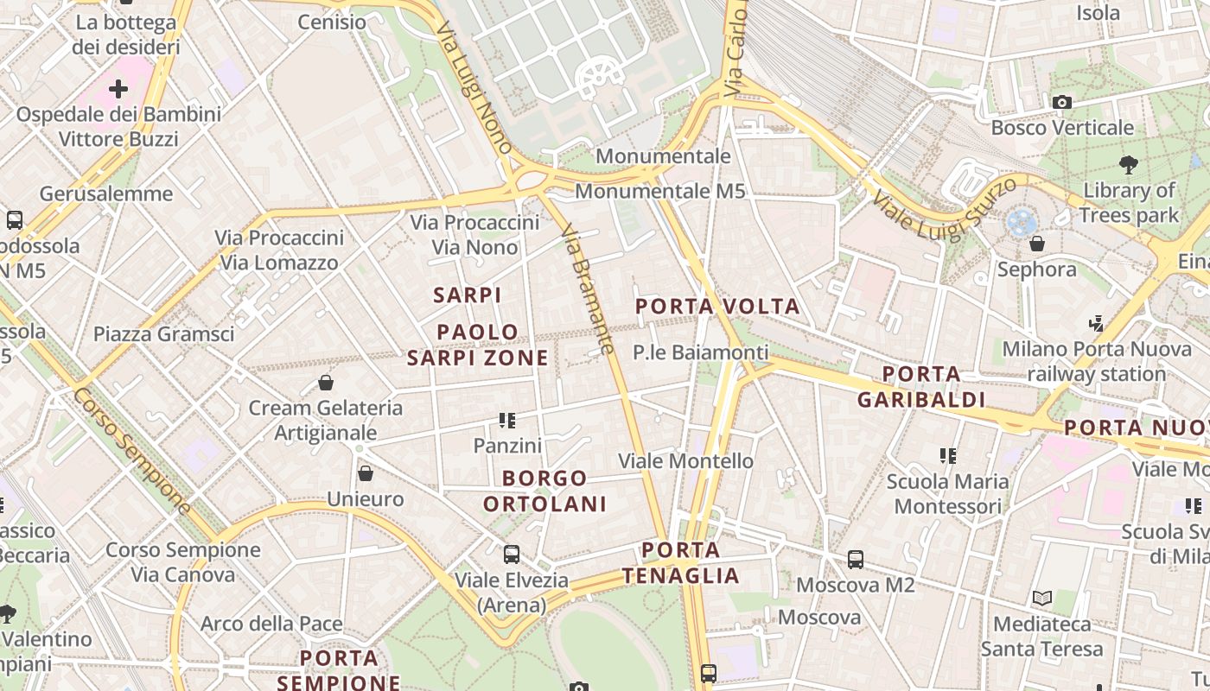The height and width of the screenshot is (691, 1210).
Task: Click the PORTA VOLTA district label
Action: coord(717,307)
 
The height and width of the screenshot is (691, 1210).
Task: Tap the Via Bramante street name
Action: coord(588,289)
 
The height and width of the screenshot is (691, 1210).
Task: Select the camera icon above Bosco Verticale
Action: coord(1062,103)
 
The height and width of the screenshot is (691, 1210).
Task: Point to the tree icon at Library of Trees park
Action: coord(1128,164)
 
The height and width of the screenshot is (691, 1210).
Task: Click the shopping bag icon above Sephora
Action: coord(1037,244)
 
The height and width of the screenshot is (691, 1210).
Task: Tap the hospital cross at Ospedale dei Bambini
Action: coord(118,88)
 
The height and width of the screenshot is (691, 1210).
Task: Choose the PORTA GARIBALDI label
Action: coord(921,387)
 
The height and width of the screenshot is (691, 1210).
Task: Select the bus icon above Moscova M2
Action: coord(855,560)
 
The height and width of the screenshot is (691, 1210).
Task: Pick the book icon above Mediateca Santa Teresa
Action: coord(1042,598)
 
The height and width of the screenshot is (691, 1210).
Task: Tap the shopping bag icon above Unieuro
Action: coord(366,473)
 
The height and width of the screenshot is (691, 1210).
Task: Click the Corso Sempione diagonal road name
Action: coord(131,451)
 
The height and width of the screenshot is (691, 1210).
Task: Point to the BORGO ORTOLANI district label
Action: coord(544,491)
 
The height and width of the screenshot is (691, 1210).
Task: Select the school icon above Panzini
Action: coord(507,421)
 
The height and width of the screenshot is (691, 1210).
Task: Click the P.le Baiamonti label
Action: coord(700,352)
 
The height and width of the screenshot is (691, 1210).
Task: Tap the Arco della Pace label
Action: coord(271,624)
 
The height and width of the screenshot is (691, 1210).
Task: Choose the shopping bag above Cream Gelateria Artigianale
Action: coord(326,382)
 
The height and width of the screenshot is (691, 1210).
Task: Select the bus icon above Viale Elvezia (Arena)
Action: coord(512,554)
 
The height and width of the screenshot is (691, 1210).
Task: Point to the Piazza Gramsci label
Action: coord(163,334)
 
